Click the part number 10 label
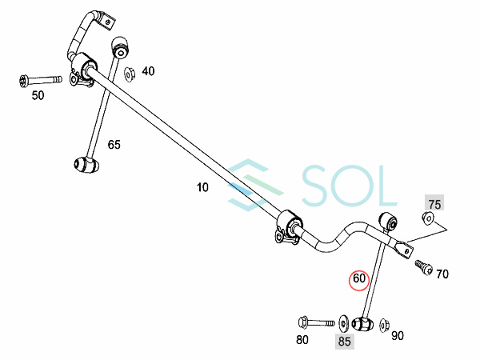(202, 187)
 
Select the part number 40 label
(148, 71)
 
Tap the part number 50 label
(38, 95)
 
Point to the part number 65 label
(114, 145)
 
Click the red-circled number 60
(358, 280)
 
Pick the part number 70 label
(442, 274)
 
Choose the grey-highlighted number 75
(434, 203)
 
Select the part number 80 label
(302, 339)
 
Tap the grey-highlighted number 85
(345, 341)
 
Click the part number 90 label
(398, 336)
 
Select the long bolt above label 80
(316, 322)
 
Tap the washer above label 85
(343, 323)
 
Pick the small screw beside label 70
(422, 269)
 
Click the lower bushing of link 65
(84, 165)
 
